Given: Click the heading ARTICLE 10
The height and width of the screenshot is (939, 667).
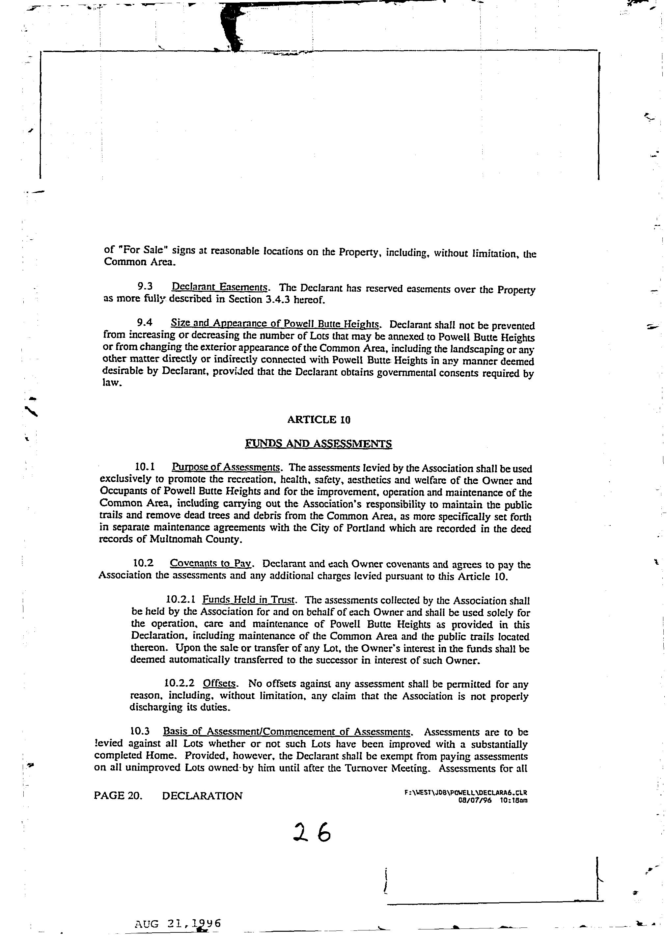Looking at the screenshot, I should pos(319,419).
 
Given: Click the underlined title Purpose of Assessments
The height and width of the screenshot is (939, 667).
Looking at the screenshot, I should pos(226,467).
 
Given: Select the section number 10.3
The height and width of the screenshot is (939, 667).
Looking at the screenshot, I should pos(140,731).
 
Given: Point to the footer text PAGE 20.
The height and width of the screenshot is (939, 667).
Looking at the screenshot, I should pos(118,796).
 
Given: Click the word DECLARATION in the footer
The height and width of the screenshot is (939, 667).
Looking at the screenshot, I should pos(202,796).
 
